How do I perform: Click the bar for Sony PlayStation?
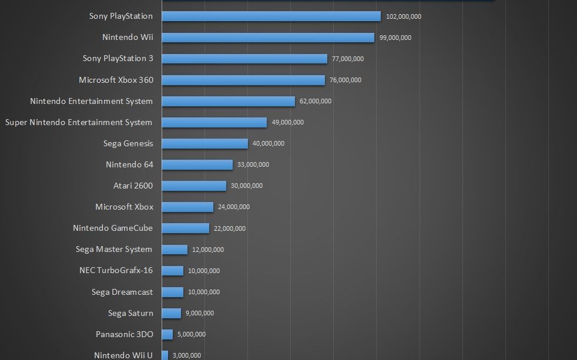[271, 16]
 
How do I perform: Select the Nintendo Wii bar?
[268, 38]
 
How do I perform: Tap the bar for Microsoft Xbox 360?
[243, 80]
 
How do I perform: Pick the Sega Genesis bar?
[204, 143]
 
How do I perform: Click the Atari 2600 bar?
[194, 186]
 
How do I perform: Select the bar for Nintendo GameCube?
[185, 228]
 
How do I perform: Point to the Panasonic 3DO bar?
[167, 334]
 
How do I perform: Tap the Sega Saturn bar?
[171, 313]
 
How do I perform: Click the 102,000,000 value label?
[403, 17]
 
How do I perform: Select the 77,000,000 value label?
[346, 59]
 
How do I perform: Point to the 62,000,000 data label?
[315, 102]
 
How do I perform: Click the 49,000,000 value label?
[287, 123]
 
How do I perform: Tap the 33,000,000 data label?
[253, 165]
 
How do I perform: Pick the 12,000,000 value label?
[207, 250]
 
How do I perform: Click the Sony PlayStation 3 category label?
[118, 59]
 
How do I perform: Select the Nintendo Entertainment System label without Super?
[91, 101]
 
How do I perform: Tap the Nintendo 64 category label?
[129, 164]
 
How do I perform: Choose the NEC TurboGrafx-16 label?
[116, 271]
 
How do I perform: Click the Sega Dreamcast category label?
[122, 292]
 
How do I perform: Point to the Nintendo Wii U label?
[123, 355]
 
